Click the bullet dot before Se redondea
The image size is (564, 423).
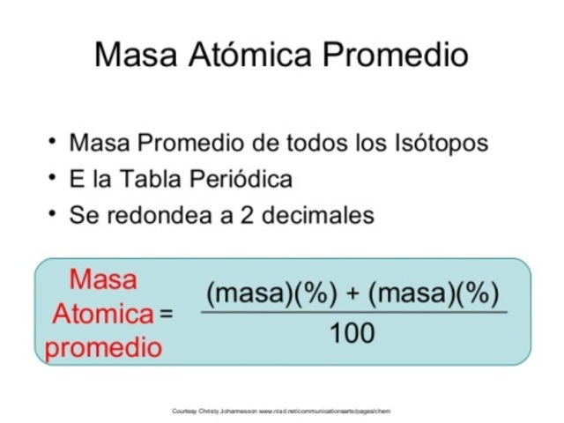point(53,213)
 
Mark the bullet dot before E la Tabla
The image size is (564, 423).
point(53,177)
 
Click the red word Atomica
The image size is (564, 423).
point(102,314)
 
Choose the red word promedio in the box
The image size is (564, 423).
point(104,347)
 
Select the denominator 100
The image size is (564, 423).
point(352,333)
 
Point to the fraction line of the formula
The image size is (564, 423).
point(352,312)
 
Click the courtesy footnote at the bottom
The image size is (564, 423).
point(281,411)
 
